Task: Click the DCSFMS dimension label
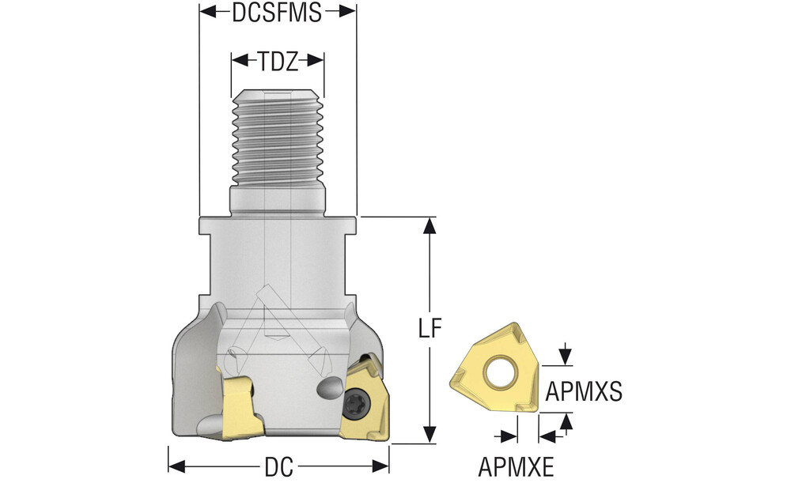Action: pyautogui.click(x=277, y=13)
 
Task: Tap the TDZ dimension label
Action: pyautogui.click(x=278, y=61)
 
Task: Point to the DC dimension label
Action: pyautogui.click(x=278, y=467)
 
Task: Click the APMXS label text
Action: pyautogui.click(x=584, y=391)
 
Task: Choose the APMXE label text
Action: pyautogui.click(x=516, y=466)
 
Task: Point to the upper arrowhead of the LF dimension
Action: pyautogui.click(x=430, y=225)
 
